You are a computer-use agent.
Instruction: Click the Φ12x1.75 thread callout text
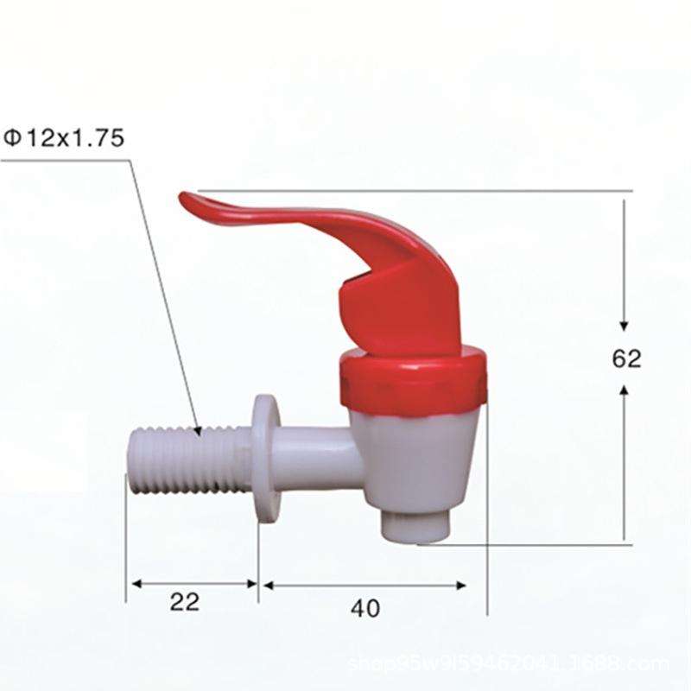click(65, 138)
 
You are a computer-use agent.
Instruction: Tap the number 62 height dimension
click(627, 358)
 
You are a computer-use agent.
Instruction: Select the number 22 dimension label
click(184, 602)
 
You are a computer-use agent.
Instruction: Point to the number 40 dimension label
click(365, 609)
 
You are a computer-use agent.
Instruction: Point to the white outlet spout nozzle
click(415, 523)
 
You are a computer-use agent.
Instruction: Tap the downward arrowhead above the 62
click(624, 324)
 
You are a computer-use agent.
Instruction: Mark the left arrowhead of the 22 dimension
click(135, 584)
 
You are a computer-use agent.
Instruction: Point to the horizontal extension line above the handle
click(518, 190)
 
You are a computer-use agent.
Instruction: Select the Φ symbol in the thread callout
click(12, 138)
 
